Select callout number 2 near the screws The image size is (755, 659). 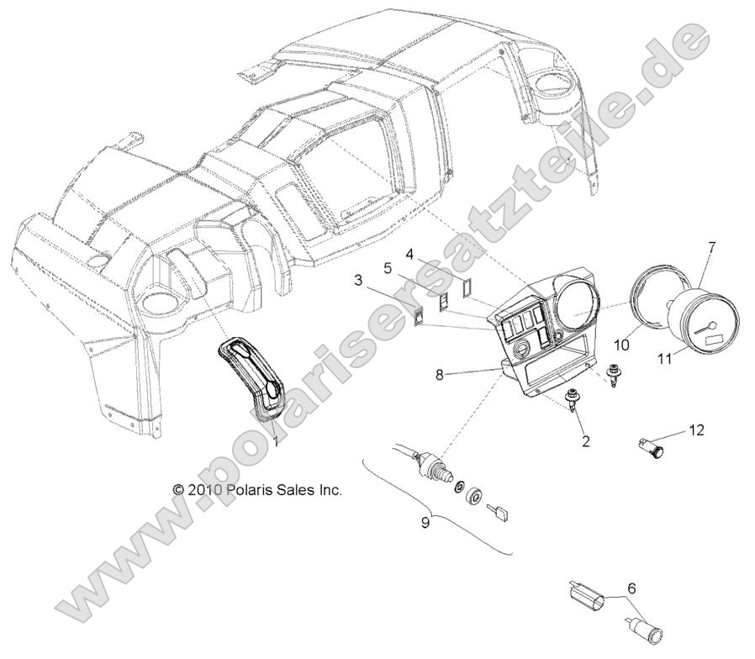(x=585, y=439)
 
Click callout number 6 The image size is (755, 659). (x=631, y=589)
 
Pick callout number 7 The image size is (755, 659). (x=711, y=248)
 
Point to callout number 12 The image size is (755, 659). (x=695, y=430)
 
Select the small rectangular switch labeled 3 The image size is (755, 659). (x=418, y=318)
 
